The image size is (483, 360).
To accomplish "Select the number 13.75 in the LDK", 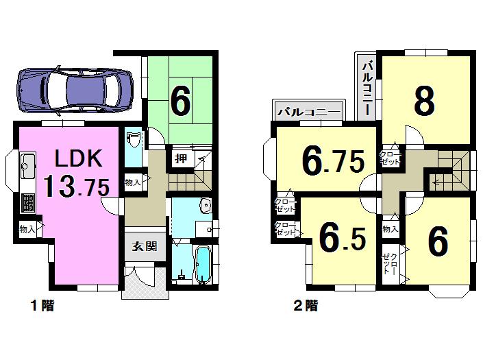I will point(73,188).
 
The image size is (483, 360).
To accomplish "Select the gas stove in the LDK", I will point(29,203).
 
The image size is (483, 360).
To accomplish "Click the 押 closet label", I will point(181,159).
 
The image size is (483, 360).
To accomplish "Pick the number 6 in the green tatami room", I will point(180,102).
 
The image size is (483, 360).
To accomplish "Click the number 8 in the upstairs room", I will point(424,101).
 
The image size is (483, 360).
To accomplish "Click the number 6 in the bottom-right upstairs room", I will point(438,241).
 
